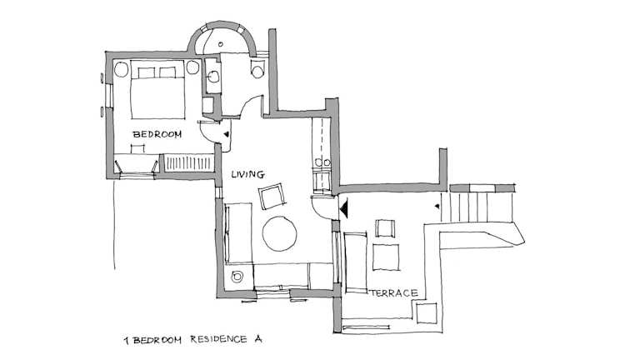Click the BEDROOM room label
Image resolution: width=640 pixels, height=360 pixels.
(157, 134)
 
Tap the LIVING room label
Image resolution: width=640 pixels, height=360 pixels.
(247, 174)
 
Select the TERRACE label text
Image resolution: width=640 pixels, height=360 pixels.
(393, 293)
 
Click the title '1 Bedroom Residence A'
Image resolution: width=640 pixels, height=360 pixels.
(193, 340)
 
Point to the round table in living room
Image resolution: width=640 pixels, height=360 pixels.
(280, 233)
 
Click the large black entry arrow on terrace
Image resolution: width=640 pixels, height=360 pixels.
(343, 208)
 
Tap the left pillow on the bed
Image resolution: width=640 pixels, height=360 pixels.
(147, 72)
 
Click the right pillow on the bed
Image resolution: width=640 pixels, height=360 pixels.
(167, 72)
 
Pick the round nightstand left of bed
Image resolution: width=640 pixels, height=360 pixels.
(121, 69)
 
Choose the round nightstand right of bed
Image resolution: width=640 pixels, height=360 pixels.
(192, 67)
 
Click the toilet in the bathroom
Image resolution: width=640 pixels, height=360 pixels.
(258, 69)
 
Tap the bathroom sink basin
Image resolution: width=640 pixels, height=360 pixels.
(213, 77)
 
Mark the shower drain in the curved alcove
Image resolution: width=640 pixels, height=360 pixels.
(221, 43)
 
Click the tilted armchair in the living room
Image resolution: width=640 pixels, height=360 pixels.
(272, 196)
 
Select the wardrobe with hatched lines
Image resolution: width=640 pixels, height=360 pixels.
(188, 162)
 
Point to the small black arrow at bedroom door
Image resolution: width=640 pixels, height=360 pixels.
(227, 134)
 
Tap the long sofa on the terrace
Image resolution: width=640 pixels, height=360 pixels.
(356, 262)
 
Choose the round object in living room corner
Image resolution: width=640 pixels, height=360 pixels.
(237, 277)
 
